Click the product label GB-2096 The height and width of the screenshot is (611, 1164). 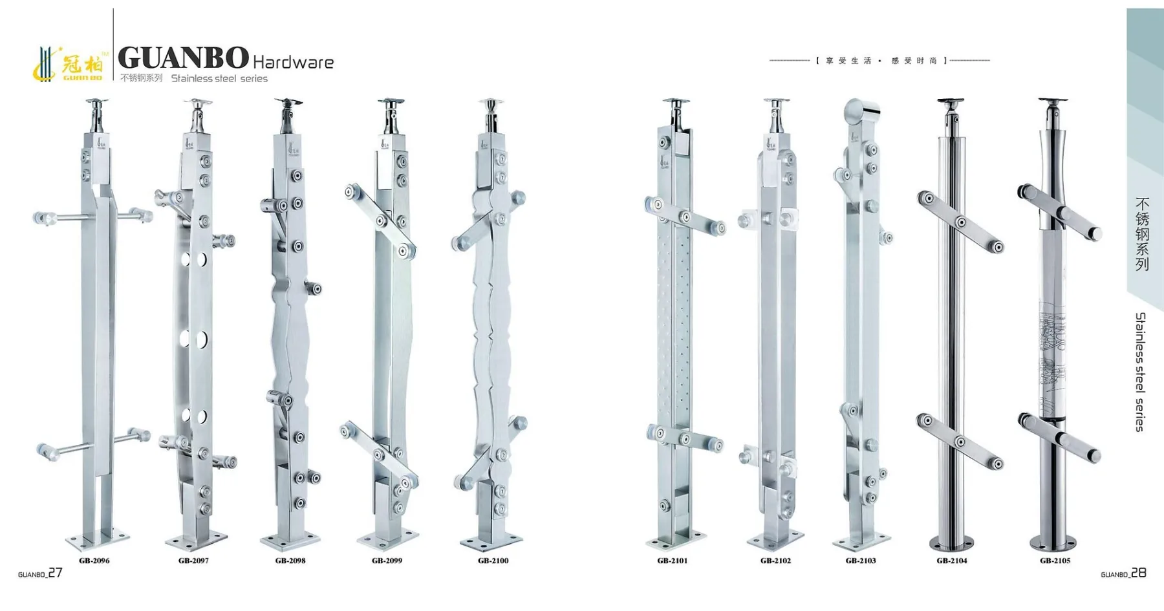click(x=94, y=561)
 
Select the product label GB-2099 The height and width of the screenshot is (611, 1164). click(x=387, y=561)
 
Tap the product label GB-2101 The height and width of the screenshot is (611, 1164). click(x=673, y=561)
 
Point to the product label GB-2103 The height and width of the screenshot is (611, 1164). click(x=861, y=561)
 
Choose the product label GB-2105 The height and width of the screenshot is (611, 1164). click(x=1055, y=561)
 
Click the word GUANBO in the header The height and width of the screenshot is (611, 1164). click(x=183, y=58)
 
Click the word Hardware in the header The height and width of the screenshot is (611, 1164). click(x=293, y=62)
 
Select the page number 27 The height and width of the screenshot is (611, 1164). click(x=56, y=573)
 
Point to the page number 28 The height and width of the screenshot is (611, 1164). click(x=1139, y=573)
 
